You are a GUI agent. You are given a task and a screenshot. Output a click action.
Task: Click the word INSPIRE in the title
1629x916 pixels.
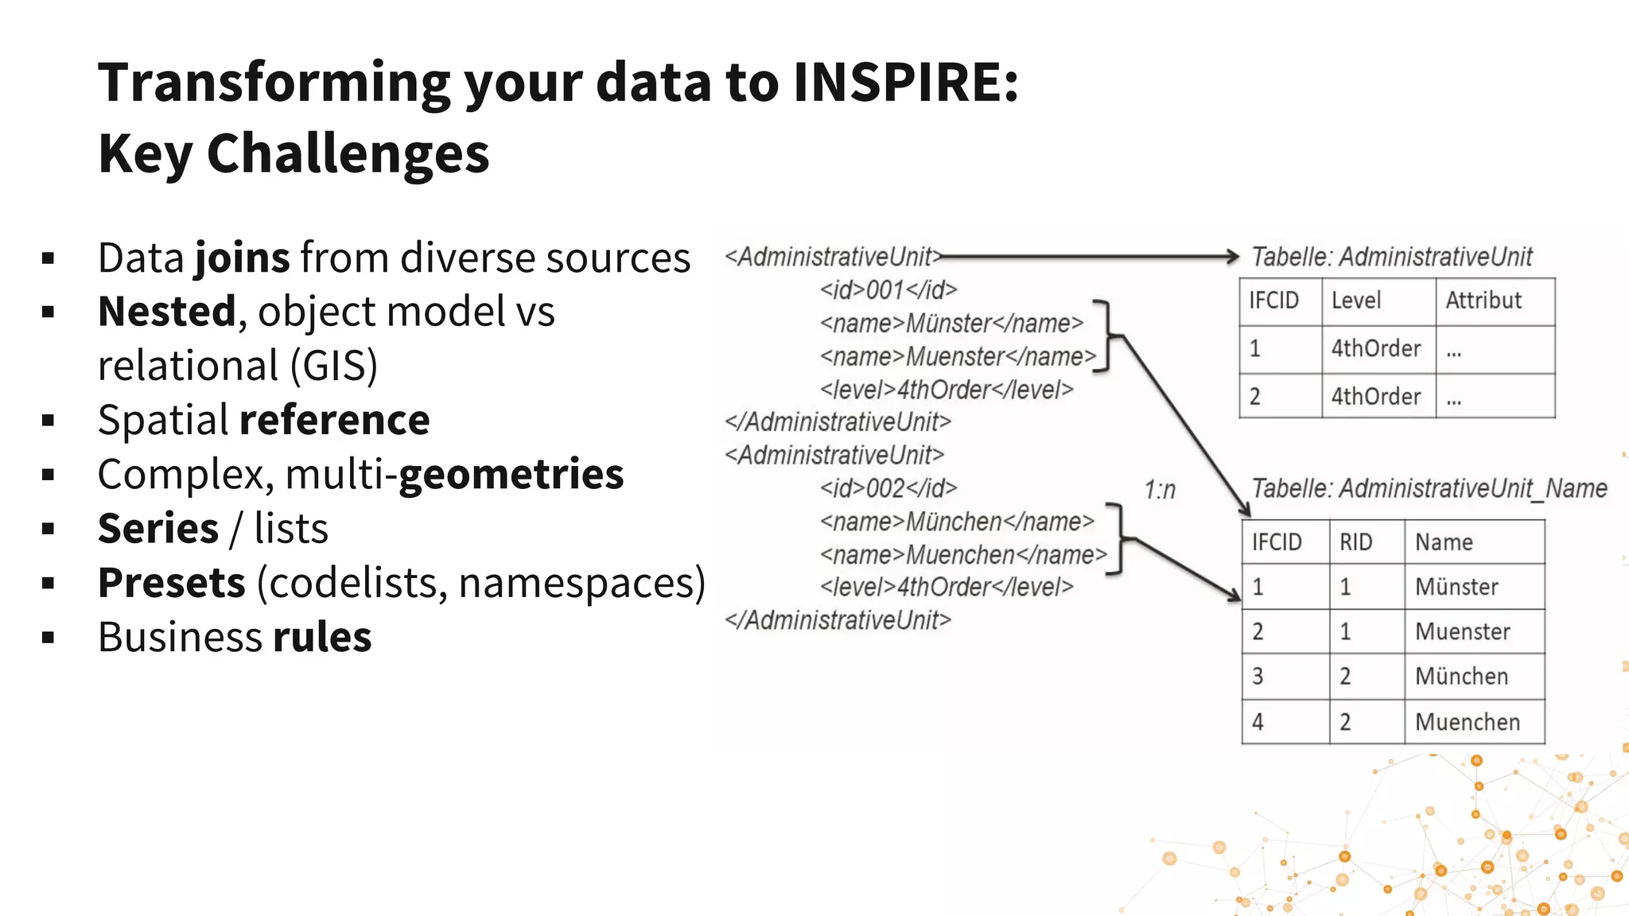click(905, 83)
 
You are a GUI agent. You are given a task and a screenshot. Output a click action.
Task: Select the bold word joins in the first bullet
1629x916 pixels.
click(243, 258)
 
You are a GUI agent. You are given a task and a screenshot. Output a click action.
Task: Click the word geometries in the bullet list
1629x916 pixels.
click(511, 475)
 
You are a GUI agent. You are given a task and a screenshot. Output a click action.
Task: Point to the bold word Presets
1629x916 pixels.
click(171, 583)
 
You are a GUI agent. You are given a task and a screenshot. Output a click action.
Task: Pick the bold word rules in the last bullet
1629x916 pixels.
click(322, 638)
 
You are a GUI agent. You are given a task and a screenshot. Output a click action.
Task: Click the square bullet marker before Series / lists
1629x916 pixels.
click(49, 529)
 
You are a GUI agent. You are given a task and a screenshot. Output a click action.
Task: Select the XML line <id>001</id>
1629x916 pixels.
click(888, 290)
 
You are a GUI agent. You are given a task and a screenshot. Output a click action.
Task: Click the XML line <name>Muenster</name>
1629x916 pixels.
click(958, 357)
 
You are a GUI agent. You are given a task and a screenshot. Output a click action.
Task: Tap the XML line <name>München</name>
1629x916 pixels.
click(957, 522)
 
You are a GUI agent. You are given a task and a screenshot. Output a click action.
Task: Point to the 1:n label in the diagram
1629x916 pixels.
click(1160, 491)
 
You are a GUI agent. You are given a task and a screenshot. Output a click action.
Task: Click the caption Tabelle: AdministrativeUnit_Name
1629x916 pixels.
click(1429, 488)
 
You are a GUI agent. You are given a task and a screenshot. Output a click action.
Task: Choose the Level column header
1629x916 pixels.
click(1356, 301)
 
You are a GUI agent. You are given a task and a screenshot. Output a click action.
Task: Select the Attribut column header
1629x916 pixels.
click(1483, 301)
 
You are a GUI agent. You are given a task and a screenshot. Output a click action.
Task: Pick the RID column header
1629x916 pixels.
click(1355, 542)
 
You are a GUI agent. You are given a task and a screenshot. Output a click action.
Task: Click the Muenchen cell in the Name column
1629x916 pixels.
click(1467, 722)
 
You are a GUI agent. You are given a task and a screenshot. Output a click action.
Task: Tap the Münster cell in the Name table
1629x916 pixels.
click(1456, 587)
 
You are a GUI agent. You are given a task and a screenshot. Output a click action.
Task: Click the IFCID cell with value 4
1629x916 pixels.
click(1258, 722)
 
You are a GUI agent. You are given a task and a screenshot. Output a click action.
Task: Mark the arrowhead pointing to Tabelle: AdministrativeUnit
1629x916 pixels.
click(1232, 256)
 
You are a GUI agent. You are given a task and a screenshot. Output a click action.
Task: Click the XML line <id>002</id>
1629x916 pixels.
click(888, 488)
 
